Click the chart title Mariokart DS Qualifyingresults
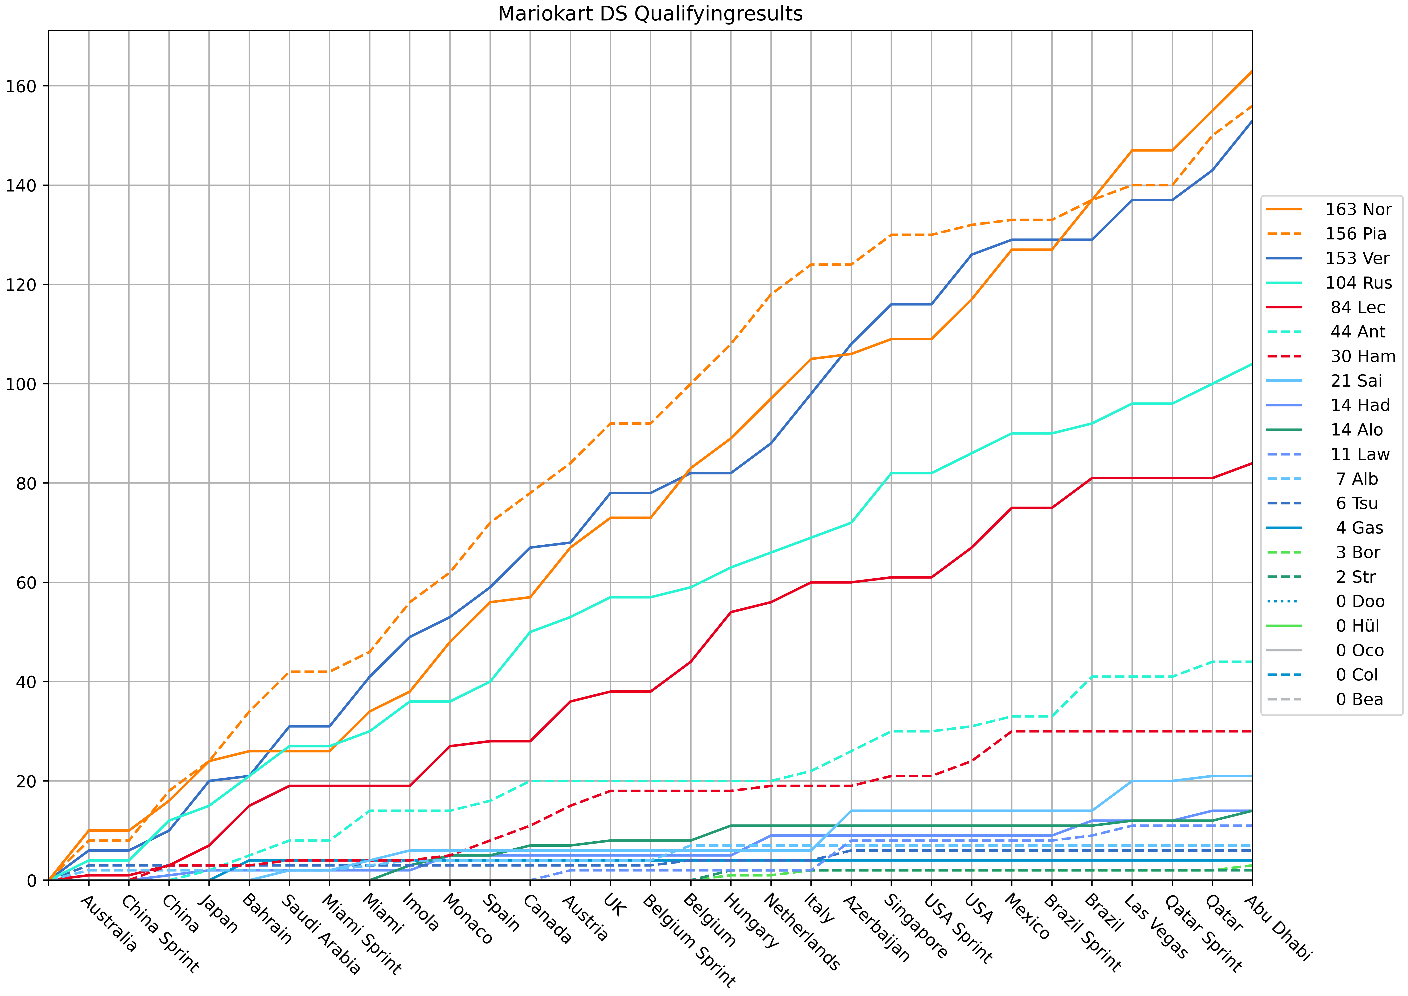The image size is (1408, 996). (650, 13)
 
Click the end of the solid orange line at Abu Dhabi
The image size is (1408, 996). (1252, 72)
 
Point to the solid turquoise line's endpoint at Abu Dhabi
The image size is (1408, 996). (1252, 364)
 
